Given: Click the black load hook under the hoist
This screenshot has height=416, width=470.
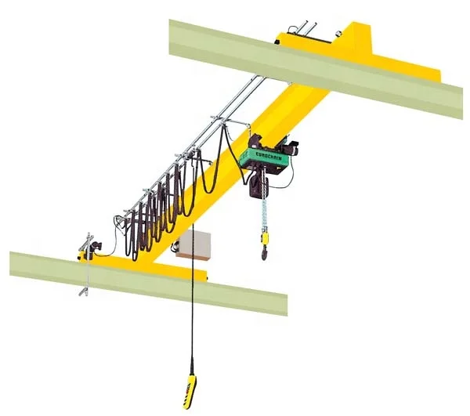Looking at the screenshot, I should [x=263, y=252].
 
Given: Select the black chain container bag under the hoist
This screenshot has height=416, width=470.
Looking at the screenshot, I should [x=255, y=185].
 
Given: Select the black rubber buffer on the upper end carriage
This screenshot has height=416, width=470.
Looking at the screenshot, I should [x=280, y=36].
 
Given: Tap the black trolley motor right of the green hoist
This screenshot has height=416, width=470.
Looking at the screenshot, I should [x=291, y=147].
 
